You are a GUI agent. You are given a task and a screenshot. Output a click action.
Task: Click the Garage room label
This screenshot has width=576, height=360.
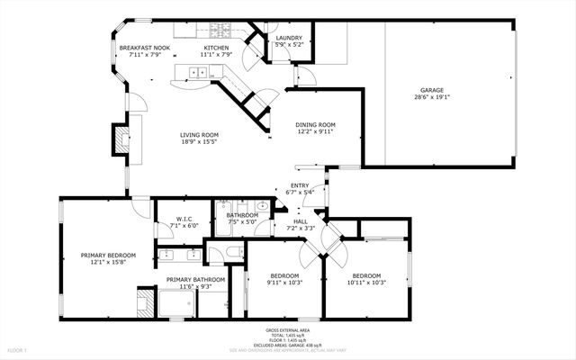[x=433, y=90]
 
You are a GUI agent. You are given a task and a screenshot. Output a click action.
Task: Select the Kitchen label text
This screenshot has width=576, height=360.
[x=216, y=48]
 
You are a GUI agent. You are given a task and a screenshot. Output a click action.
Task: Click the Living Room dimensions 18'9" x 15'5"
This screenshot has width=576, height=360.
[x=199, y=143]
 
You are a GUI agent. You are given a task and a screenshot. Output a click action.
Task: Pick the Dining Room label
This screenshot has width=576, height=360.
[x=316, y=125]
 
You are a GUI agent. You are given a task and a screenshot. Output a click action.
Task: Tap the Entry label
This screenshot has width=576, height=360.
[x=300, y=185]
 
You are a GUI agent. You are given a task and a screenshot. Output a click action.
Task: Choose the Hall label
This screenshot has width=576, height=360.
[x=300, y=222]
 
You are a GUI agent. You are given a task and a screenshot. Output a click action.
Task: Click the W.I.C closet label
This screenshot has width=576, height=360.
[x=184, y=219]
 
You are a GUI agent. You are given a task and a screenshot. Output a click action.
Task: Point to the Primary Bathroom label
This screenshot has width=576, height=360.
[x=195, y=279]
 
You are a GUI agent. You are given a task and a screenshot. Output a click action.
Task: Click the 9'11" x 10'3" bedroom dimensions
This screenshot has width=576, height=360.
[x=284, y=283]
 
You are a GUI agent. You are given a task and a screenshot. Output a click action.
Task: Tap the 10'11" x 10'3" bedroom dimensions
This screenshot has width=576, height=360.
[x=366, y=283]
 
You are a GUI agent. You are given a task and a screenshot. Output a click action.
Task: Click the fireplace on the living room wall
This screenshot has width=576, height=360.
[x=119, y=138]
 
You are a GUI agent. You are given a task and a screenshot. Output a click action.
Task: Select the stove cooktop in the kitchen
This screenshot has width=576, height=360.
[x=220, y=29]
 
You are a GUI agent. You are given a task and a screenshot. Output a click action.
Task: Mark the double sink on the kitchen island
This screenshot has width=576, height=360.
[x=195, y=72]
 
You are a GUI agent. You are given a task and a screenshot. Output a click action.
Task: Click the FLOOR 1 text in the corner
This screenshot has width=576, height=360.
[x=17, y=349]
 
